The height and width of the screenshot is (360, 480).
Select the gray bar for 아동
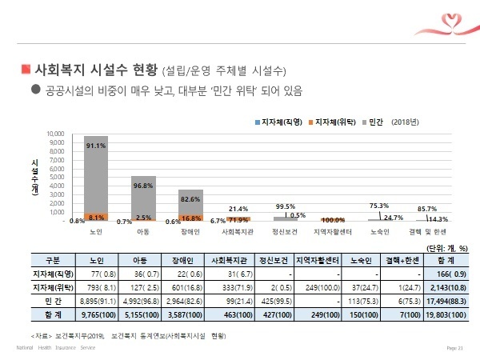[x=143, y=197]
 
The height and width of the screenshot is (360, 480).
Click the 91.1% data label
[x=96, y=145]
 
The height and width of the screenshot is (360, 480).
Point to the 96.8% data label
[x=143, y=185]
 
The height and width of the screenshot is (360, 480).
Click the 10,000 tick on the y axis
[x=54, y=134]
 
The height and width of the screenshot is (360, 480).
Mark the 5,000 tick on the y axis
[x=56, y=177]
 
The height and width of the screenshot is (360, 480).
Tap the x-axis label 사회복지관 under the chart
[x=238, y=231]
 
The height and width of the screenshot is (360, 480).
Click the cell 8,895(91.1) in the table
[x=96, y=300]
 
